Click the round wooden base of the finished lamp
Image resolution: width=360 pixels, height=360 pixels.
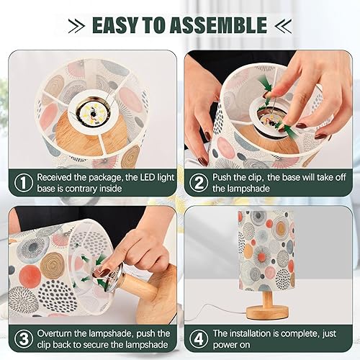(x=266, y=312)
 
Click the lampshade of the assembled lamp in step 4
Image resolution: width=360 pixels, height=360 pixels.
(x=266, y=249)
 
